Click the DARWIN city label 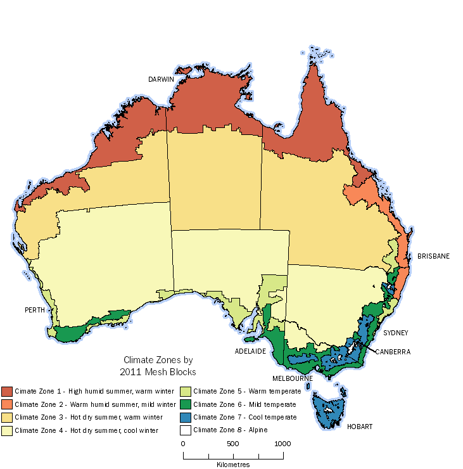point(161,79)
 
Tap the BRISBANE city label point(433,256)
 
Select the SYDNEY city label point(395,332)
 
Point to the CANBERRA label point(393,351)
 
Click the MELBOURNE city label point(293,378)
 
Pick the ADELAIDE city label point(249,350)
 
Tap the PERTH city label point(34,310)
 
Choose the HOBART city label point(360,427)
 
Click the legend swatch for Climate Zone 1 point(7,391)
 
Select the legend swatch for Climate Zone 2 point(7,404)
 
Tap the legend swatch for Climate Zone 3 point(7,417)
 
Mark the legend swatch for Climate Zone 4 point(7,430)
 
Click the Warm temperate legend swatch point(186,391)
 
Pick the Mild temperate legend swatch point(186,404)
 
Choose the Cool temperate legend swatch point(186,417)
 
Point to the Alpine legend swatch point(186,430)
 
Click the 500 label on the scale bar point(232,444)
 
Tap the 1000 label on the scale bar point(282,444)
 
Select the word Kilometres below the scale point(233,465)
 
